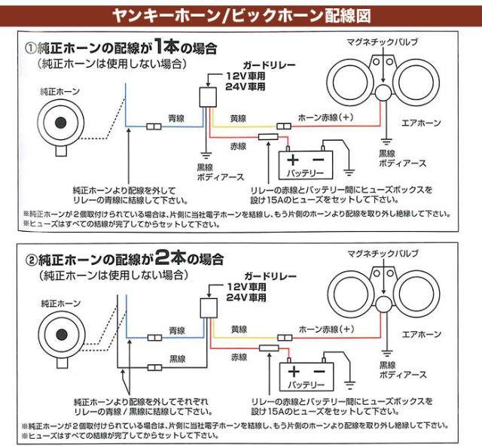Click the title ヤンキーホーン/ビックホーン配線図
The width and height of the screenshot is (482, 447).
[x=240, y=14]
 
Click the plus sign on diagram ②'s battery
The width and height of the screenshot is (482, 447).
[x=294, y=370]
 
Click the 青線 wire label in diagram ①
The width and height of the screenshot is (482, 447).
[x=177, y=117]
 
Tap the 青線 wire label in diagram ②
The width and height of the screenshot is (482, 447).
[x=177, y=330]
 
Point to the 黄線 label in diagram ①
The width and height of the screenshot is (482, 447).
[x=239, y=117]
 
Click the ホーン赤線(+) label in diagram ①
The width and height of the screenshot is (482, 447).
[x=325, y=117]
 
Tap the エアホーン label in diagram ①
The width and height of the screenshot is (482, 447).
[x=421, y=123]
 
